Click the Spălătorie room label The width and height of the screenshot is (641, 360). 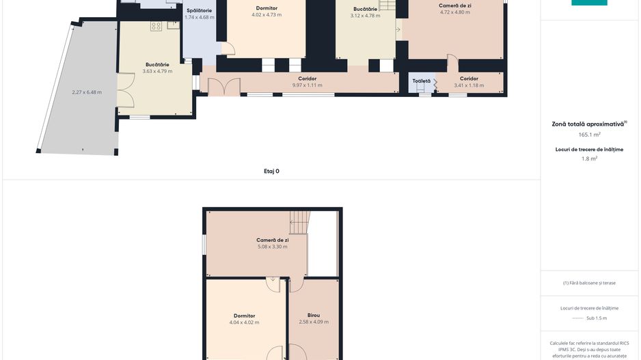pyautogui.click(x=199, y=11)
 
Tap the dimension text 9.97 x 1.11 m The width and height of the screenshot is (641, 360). pyautogui.click(x=307, y=85)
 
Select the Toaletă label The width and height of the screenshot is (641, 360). pyautogui.click(x=421, y=81)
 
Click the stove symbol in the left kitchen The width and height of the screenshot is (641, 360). pyautogui.click(x=156, y=27)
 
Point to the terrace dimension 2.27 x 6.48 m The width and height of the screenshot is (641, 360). pyautogui.click(x=87, y=92)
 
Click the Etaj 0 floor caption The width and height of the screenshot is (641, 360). pyautogui.click(x=271, y=171)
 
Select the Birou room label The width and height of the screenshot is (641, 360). pyautogui.click(x=314, y=315)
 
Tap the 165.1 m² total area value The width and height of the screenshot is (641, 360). pyautogui.click(x=589, y=135)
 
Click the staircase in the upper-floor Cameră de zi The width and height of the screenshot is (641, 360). pyautogui.click(x=299, y=222)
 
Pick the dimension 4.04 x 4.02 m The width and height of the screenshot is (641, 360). pyautogui.click(x=244, y=322)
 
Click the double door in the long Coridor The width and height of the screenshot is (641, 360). pyautogui.click(x=223, y=87)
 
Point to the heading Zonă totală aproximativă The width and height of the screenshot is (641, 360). pyautogui.click(x=589, y=124)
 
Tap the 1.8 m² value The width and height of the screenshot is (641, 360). pyautogui.click(x=589, y=158)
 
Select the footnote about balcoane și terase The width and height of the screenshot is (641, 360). pyautogui.click(x=589, y=283)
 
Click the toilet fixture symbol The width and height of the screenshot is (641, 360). pyautogui.click(x=420, y=88)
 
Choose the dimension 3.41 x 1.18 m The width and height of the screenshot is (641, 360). pyautogui.click(x=469, y=85)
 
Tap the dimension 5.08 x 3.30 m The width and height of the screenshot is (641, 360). pyautogui.click(x=272, y=247)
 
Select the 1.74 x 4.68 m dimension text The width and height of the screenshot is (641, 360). pyautogui.click(x=199, y=17)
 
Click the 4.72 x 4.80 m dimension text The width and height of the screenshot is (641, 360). pyautogui.click(x=454, y=12)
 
